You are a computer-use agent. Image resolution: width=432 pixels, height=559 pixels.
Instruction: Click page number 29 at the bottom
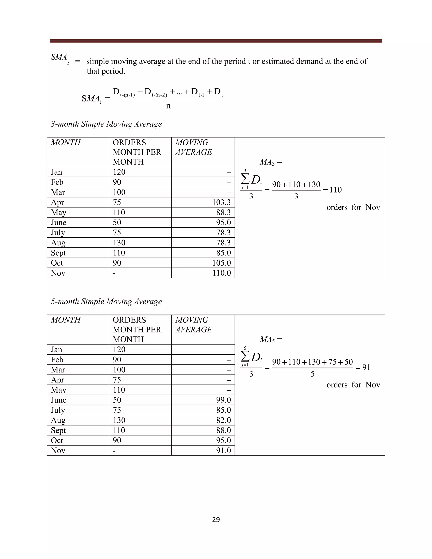click(x=216, y=519)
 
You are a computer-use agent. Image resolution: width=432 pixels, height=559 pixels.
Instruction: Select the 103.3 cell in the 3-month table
click(x=221, y=203)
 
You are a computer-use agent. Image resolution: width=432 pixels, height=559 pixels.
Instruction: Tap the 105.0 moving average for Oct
click(x=221, y=263)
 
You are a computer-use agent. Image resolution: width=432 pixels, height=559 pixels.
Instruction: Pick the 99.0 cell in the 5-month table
click(x=223, y=400)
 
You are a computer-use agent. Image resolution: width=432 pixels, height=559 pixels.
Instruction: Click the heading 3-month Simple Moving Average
click(x=106, y=124)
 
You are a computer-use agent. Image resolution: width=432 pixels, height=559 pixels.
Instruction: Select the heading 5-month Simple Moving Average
click(x=106, y=301)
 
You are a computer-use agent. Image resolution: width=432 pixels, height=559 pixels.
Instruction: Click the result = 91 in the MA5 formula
click(x=363, y=367)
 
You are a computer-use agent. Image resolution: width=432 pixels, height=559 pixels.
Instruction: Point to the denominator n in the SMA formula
click(x=168, y=106)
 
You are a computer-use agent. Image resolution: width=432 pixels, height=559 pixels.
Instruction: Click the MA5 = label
click(x=270, y=340)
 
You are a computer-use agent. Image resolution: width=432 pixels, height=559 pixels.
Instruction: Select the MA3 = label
click(x=270, y=162)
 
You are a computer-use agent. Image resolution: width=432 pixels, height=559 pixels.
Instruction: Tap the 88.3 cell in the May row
click(x=223, y=212)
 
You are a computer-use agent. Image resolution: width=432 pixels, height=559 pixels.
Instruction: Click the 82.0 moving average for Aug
click(x=223, y=420)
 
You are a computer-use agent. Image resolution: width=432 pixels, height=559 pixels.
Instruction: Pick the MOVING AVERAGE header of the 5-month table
click(x=193, y=325)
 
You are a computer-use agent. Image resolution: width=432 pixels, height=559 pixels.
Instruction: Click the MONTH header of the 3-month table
click(x=66, y=142)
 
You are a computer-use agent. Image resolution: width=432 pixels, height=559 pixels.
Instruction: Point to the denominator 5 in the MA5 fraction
click(x=312, y=374)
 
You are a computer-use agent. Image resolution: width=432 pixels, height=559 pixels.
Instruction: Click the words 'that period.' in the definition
click(x=106, y=71)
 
